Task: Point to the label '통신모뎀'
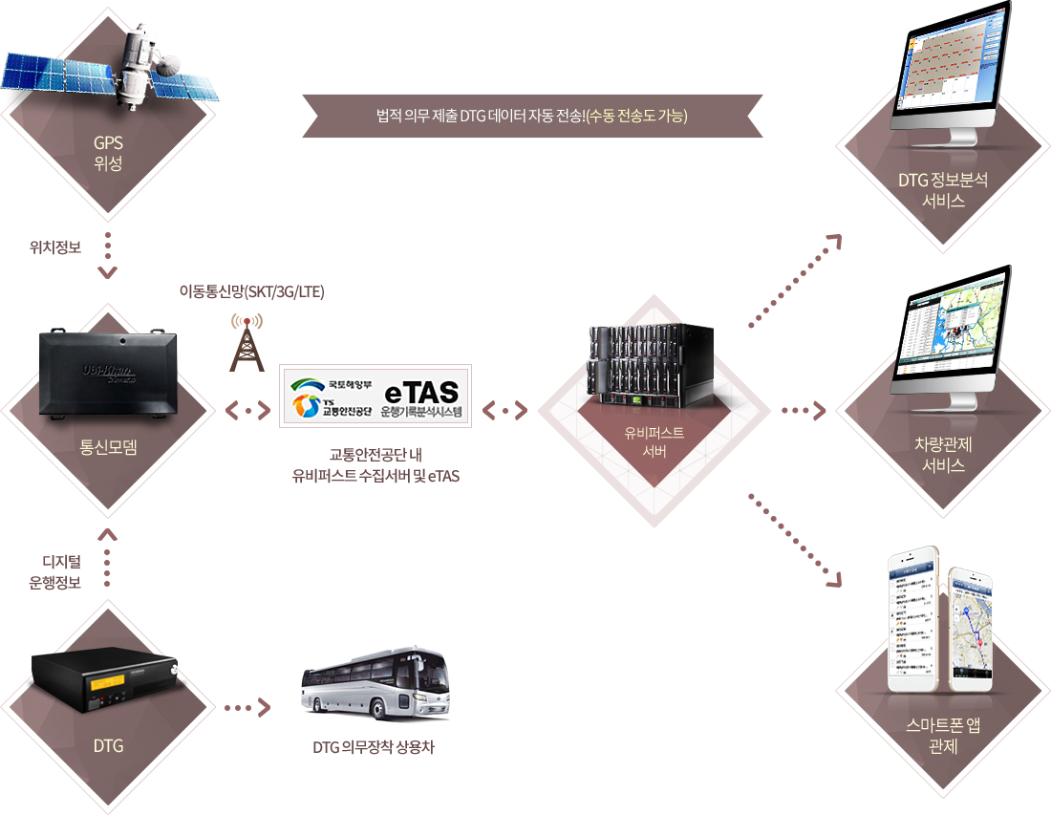click(108, 445)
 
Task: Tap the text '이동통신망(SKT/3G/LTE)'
click(252, 292)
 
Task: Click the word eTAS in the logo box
click(420, 392)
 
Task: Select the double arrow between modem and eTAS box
click(247, 411)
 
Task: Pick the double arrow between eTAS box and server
click(504, 411)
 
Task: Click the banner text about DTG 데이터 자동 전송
click(532, 117)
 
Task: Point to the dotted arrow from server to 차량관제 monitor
click(804, 411)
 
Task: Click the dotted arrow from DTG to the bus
click(247, 708)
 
